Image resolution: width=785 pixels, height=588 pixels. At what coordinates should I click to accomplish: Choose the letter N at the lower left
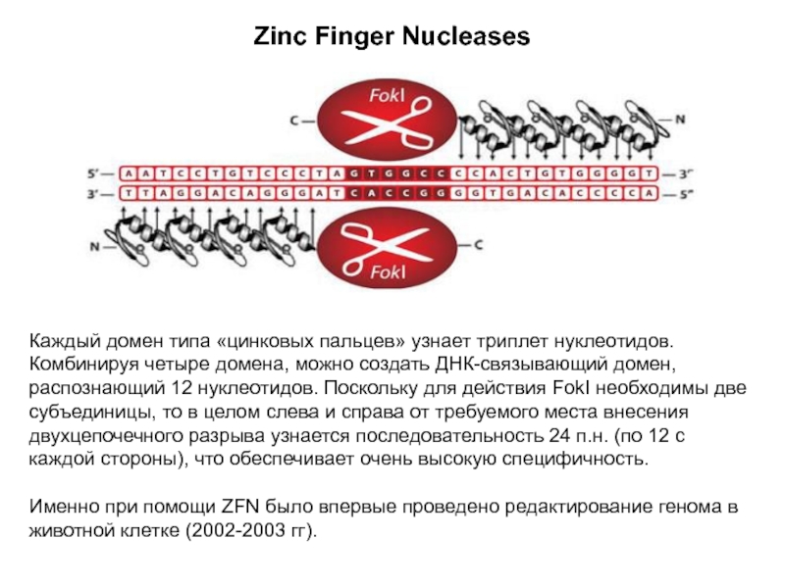click(x=96, y=246)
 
